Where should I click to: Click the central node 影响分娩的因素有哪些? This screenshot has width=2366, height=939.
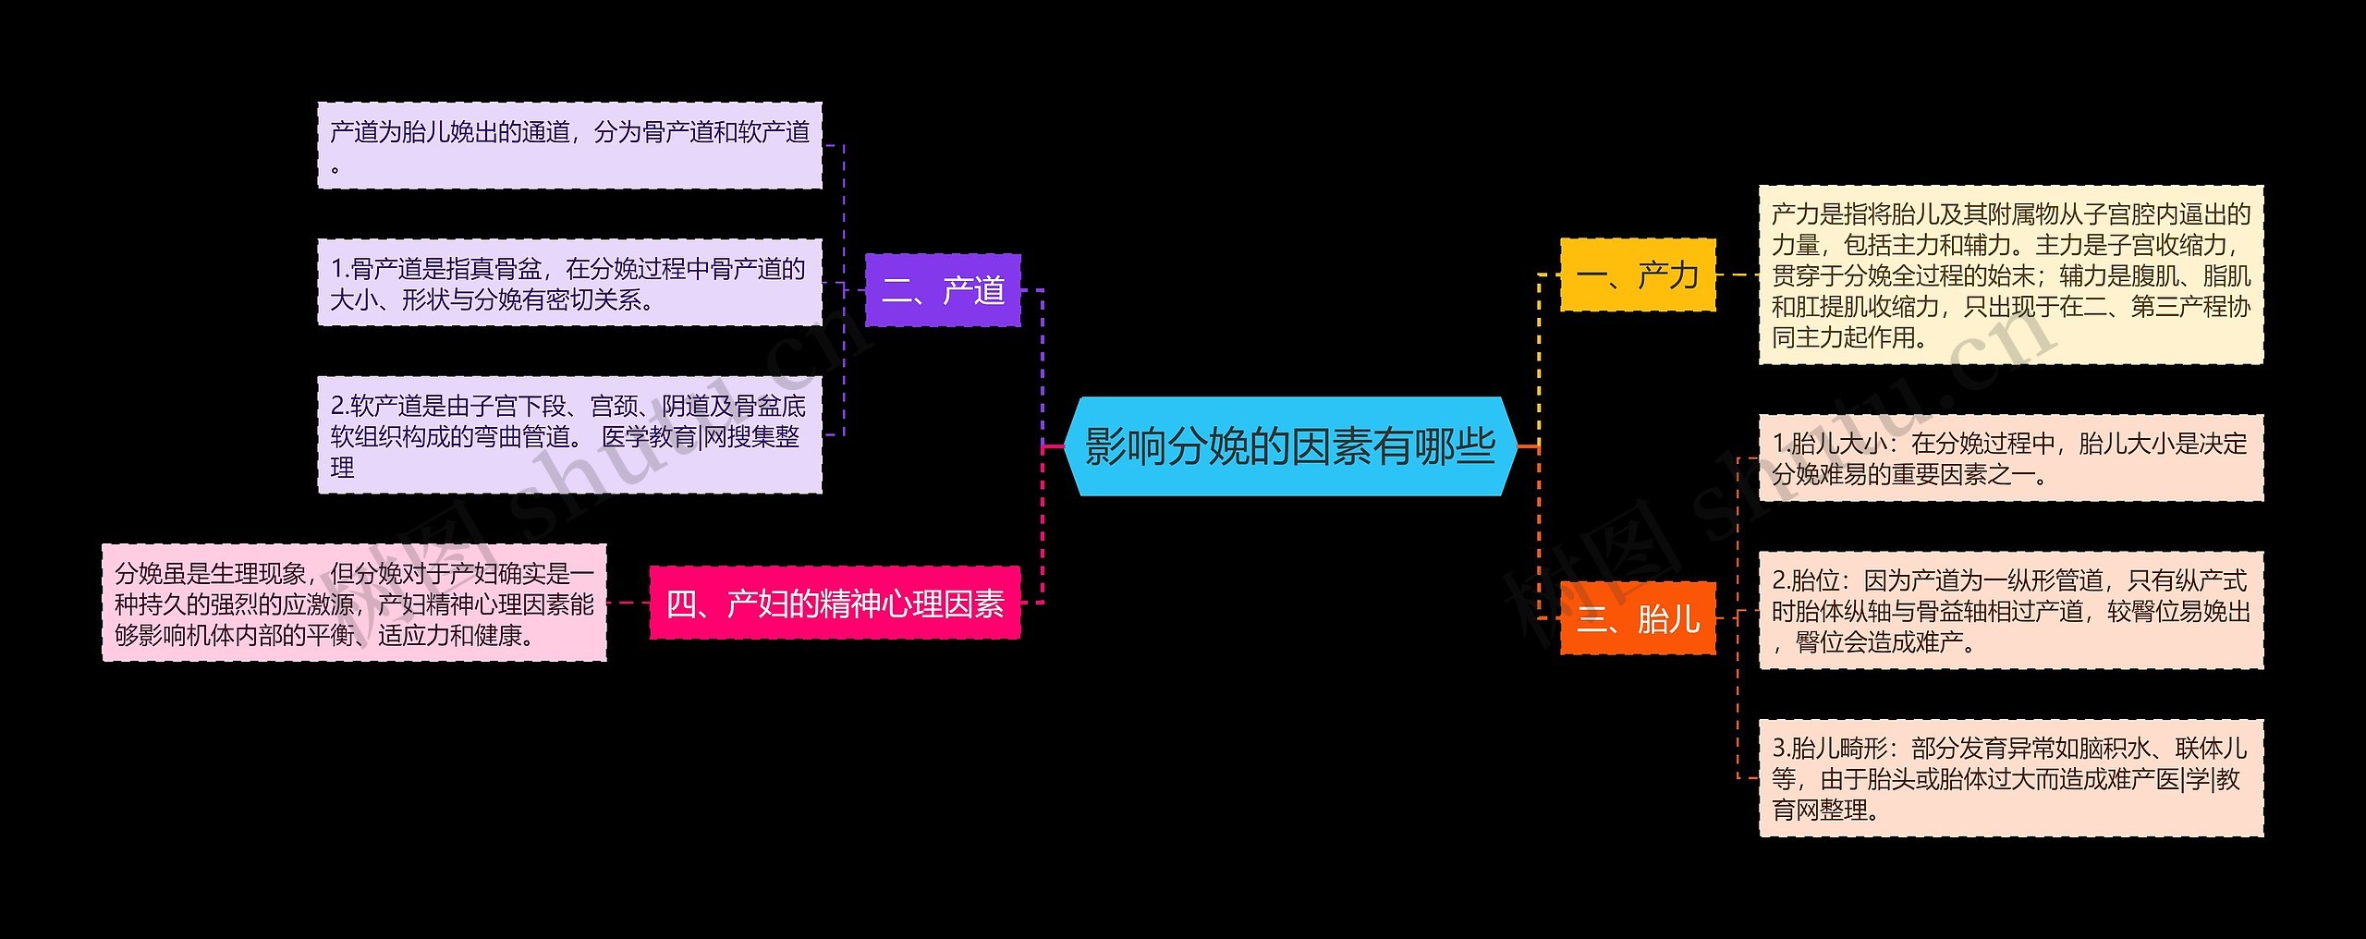click(x=1290, y=446)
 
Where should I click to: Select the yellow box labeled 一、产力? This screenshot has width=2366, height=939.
click(x=1637, y=274)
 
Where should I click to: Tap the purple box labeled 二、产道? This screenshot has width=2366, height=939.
click(x=943, y=290)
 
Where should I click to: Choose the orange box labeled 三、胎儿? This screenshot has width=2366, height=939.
click(x=1637, y=618)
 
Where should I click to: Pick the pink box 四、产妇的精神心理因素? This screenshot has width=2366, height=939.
click(x=835, y=604)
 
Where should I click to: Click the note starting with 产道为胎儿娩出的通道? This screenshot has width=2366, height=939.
click(x=569, y=146)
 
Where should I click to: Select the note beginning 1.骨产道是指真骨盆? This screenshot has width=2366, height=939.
click(x=569, y=283)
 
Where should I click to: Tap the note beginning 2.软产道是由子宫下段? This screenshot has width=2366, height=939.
click(x=569, y=434)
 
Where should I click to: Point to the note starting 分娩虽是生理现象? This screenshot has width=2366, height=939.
click(x=354, y=604)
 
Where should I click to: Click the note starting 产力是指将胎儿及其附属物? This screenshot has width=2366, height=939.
click(x=2010, y=274)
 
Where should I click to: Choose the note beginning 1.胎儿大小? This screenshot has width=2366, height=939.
click(x=2010, y=458)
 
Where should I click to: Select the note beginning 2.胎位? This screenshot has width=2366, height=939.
click(x=2010, y=611)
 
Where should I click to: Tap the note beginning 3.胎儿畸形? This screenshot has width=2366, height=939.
click(x=2010, y=778)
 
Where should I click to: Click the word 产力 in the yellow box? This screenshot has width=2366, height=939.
click(x=1667, y=274)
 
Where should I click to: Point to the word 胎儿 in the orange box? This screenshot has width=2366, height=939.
click(x=1667, y=618)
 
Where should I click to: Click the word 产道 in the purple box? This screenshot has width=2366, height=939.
click(x=973, y=290)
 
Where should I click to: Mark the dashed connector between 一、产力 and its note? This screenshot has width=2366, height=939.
click(x=1738, y=274)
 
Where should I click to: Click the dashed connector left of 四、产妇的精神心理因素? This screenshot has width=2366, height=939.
click(x=628, y=604)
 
